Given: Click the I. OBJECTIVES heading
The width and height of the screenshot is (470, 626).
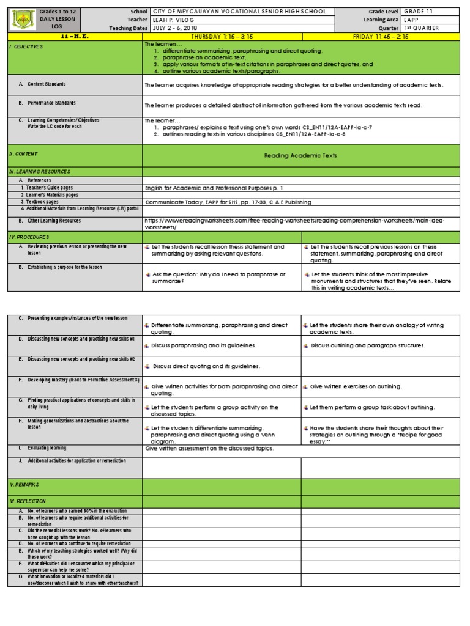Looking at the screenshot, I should (x=26, y=46).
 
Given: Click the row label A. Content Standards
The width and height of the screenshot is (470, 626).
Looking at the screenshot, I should (x=46, y=84).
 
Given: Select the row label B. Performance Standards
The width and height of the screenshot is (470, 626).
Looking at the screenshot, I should (x=51, y=103).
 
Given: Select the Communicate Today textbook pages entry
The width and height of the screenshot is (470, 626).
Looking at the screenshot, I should (x=228, y=202).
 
